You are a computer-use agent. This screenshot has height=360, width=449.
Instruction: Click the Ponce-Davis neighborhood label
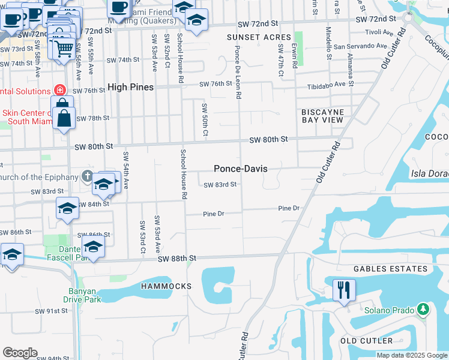coord(241,169)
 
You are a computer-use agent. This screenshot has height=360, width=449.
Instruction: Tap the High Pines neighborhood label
coord(130,87)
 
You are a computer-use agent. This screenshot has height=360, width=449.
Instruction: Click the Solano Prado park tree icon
coord(424,310)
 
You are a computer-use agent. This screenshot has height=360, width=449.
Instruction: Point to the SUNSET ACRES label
coord(259,37)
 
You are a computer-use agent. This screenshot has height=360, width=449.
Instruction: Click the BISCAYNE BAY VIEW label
coord(322,116)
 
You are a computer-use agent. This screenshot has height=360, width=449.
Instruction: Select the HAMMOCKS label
coord(166,286)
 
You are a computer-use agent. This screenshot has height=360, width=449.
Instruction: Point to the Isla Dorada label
coord(430,173)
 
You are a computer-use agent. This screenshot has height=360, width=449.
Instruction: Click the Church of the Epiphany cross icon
coord(87,176)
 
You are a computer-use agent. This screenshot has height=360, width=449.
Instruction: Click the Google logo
coord(20,353)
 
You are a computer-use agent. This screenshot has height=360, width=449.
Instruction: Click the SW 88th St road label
coord(177,258)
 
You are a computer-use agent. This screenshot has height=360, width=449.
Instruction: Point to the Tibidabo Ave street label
coord(327,84)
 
